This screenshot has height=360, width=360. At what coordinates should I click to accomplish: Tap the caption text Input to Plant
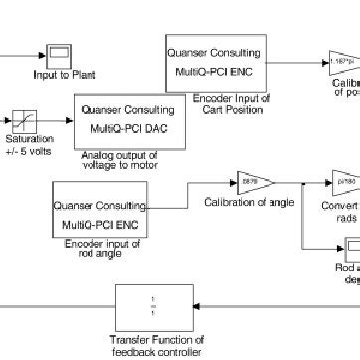click(x=59, y=73)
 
